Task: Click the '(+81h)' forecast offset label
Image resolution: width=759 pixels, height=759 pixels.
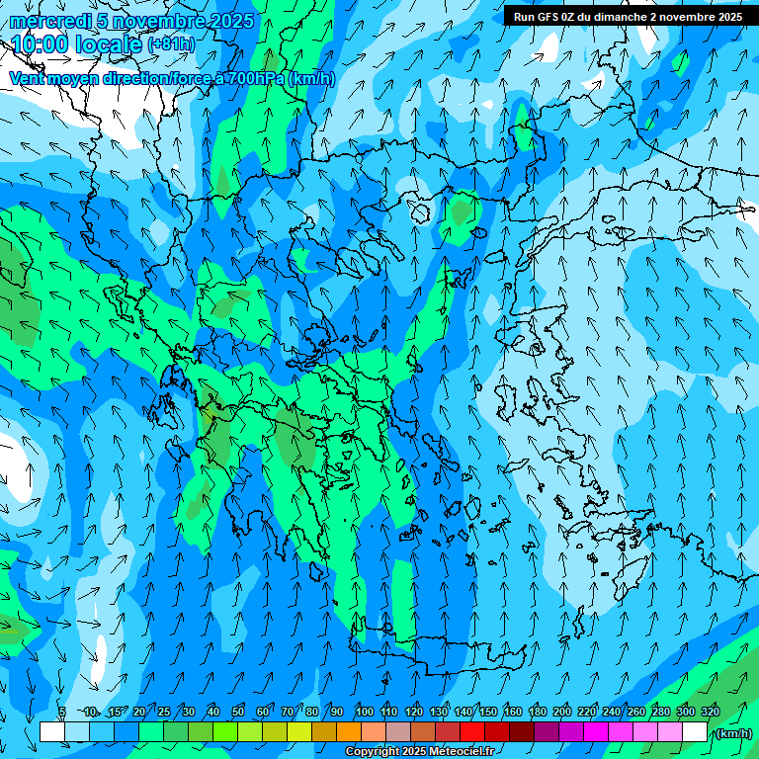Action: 170,44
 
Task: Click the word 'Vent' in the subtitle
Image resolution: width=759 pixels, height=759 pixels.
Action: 29,79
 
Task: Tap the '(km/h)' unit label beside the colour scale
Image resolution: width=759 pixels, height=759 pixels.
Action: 733,733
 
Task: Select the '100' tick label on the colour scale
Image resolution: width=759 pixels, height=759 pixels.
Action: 365,712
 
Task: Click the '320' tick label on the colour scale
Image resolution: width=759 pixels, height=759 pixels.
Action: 709,712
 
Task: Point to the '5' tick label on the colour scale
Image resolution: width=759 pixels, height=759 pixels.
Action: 62,712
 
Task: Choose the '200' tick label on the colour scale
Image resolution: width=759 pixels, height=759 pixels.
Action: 562,712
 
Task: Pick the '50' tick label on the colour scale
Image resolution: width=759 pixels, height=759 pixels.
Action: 238,712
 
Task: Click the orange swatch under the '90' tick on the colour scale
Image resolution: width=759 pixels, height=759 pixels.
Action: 349,732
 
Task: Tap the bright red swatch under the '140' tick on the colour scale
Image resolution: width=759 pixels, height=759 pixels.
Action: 472,732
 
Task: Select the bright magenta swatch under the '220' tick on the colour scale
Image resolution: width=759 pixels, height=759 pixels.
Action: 596,732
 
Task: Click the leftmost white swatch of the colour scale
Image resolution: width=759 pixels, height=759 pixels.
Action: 52,732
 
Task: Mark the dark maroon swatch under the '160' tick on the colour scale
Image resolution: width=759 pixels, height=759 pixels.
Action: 522,732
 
